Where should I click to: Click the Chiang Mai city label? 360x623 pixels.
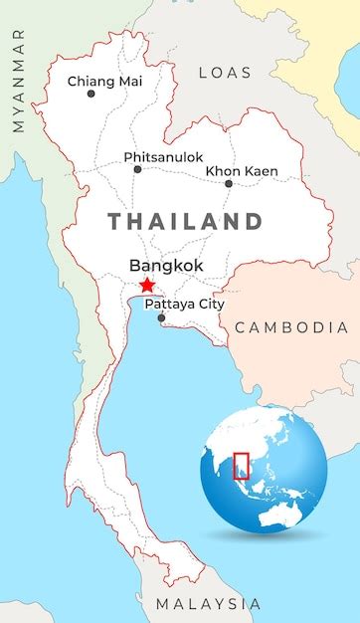click(x=103, y=81)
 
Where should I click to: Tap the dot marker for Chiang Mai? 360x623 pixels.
click(x=91, y=94)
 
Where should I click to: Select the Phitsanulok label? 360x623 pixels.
click(x=163, y=157)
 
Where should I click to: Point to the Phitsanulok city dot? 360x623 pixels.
click(x=137, y=169)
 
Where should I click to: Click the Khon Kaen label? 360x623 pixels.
click(x=242, y=171)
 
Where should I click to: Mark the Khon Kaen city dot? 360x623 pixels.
click(x=228, y=183)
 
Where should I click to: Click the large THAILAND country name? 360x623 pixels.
click(x=185, y=221)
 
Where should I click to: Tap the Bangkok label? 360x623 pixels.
click(x=166, y=266)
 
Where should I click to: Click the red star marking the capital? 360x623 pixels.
click(x=147, y=286)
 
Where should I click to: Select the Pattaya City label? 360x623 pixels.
click(x=184, y=304)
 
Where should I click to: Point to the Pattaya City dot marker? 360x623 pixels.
click(x=161, y=317)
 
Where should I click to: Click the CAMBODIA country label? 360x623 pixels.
click(x=291, y=327)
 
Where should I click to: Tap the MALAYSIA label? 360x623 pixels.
click(x=208, y=604)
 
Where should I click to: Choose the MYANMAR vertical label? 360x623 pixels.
click(x=18, y=81)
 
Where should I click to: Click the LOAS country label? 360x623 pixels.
click(x=225, y=72)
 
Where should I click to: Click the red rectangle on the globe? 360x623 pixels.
click(x=241, y=465)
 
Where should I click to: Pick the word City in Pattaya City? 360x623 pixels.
click(x=210, y=304)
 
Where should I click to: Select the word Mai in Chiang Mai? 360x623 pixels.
click(x=126, y=81)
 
